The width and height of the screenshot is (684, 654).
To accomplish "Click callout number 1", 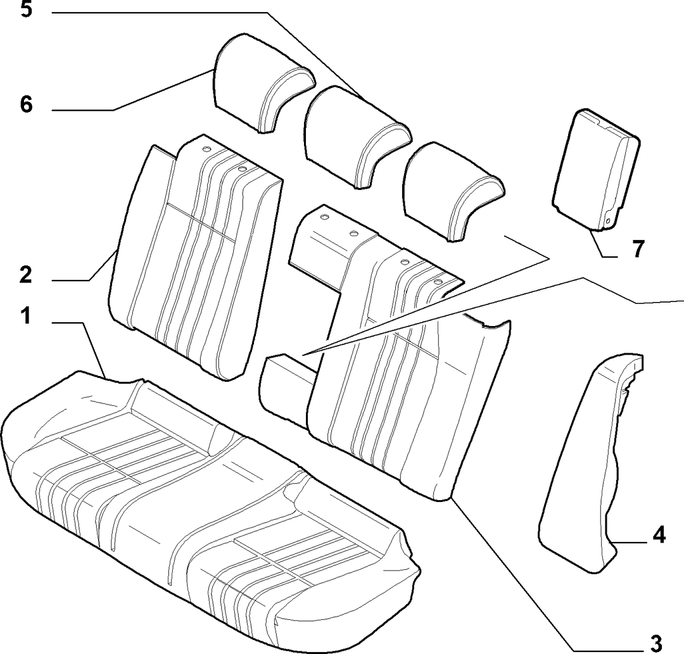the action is tap(26, 316).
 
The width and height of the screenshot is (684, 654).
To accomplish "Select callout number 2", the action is tap(26, 275).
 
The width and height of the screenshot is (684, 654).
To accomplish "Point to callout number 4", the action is tap(659, 534).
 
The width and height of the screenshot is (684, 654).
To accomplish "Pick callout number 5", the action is tap(26, 9).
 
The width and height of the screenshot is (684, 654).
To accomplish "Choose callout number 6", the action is tap(26, 104).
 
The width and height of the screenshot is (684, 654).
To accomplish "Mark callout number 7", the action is tap(638, 249).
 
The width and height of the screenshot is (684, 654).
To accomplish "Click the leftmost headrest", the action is tap(262, 83).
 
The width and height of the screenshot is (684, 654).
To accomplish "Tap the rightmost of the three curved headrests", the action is tap(452, 191).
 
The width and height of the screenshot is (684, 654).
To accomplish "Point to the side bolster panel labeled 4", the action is tap(589, 462).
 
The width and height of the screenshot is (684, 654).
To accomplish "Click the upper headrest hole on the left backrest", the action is tap(205, 149).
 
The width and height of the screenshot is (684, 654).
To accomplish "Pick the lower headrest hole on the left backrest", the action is tap(243, 168).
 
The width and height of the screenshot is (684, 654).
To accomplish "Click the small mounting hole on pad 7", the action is tap(607, 221).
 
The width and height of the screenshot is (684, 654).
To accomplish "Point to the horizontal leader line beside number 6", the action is tap(83, 110).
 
